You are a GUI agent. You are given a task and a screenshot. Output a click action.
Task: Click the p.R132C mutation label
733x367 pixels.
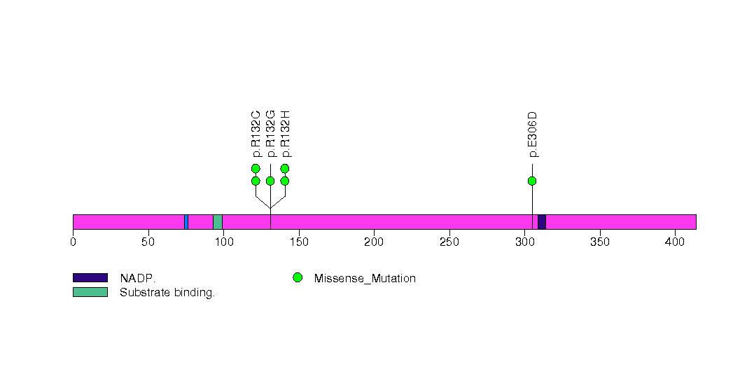pos(256,134)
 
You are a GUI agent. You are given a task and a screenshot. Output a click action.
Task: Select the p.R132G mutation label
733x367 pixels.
pos(270,134)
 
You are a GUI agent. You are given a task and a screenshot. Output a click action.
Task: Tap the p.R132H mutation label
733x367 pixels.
pos(285,134)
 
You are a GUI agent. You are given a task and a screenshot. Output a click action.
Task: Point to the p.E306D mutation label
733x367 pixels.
pos(532,134)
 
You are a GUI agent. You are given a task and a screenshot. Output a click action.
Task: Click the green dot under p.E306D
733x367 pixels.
pos(532,181)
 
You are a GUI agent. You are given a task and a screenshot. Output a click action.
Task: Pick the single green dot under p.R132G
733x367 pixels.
pos(270,181)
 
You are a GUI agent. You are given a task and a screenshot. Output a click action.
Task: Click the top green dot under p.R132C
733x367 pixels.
pos(256,168)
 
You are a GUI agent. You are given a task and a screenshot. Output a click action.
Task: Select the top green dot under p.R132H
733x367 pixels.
pos(285,168)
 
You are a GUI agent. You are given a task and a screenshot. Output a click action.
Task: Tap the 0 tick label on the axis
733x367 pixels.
pos(73,242)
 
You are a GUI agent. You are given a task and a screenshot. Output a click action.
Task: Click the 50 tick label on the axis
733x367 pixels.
pos(148,242)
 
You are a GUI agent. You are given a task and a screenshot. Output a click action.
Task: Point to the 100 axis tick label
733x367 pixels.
pos(224,242)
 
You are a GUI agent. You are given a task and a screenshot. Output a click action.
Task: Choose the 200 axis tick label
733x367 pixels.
pos(374,242)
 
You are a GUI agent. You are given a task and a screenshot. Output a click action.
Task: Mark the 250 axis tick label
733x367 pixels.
pos(449,242)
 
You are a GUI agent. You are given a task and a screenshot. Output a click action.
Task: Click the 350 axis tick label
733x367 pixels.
pos(600,242)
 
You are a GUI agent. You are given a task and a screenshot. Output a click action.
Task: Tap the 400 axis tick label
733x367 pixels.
pos(675,242)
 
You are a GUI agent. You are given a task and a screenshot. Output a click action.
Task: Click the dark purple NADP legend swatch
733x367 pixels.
pos(90,278)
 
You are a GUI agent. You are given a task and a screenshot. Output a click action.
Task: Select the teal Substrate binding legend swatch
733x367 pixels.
pos(90,292)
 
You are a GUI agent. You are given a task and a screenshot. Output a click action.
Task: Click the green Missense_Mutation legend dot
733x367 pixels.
pos(298,278)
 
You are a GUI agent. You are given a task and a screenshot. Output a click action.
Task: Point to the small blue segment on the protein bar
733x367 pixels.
pos(186,222)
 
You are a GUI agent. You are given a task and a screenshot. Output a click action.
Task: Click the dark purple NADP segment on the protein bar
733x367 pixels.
pos(542,222)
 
